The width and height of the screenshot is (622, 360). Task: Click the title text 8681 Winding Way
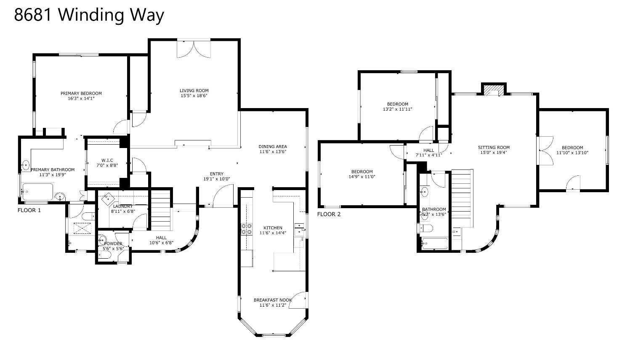(89, 15)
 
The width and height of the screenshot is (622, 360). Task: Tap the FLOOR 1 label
(29, 210)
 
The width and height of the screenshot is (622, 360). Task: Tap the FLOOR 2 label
(329, 214)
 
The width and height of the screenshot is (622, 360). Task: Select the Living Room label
(194, 90)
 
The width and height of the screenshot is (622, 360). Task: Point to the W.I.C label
(107, 160)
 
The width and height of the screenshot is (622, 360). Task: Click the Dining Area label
(272, 146)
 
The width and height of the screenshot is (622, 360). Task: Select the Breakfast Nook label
(272, 300)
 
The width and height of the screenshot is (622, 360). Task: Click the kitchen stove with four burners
(246, 229)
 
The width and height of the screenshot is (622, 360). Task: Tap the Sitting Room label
(494, 147)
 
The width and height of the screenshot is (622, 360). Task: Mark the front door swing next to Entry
(223, 197)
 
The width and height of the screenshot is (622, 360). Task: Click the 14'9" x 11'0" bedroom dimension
(362, 177)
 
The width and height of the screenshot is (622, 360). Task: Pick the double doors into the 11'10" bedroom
(546, 150)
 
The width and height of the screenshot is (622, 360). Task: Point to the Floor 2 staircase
(462, 193)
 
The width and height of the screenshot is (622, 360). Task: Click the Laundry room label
(122, 206)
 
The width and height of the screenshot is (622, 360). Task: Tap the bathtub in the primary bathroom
(38, 192)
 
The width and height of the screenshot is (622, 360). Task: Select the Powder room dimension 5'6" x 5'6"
(113, 249)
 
